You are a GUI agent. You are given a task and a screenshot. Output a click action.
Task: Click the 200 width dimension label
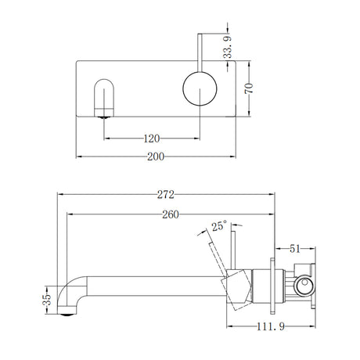157,157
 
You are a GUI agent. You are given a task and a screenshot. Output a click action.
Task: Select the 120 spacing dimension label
152,138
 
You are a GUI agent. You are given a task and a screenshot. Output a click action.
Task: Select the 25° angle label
219,227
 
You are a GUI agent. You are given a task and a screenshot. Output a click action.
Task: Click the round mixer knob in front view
197,90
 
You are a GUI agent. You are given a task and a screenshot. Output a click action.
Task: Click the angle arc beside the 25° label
205,235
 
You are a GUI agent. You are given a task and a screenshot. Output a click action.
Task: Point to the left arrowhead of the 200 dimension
78,157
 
